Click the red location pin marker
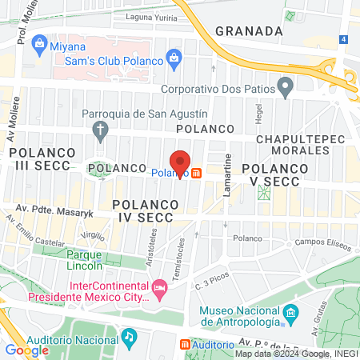(x=180, y=163)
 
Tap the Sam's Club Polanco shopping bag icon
(x=173, y=57)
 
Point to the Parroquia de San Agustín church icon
(x=100, y=129)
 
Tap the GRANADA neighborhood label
(x=249, y=31)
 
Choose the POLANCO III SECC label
(x=44, y=158)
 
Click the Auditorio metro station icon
(x=186, y=345)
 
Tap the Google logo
(x=26, y=350)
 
